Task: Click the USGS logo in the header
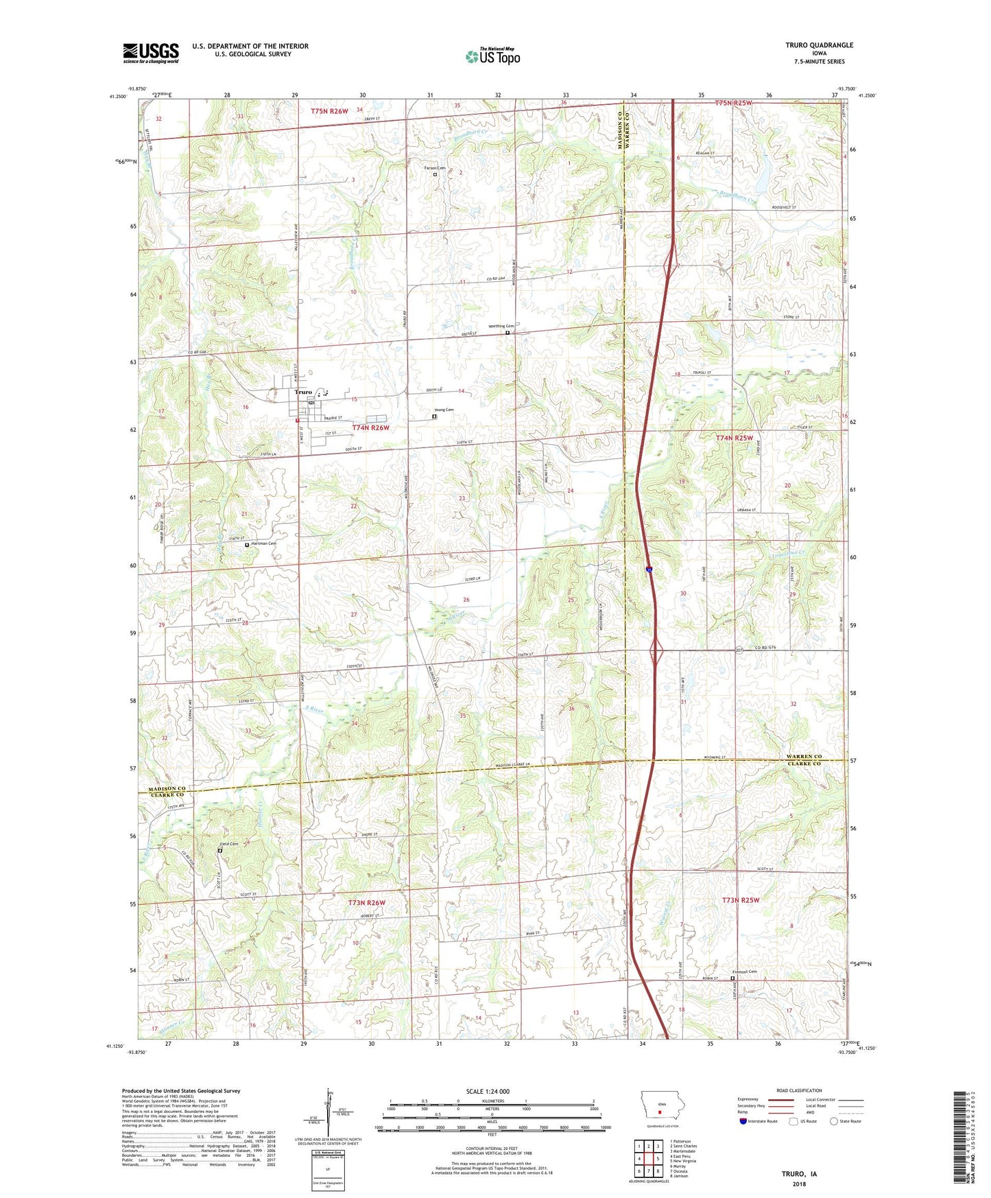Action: coord(150,53)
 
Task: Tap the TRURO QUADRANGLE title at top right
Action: coord(819,45)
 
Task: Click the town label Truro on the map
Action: coord(303,392)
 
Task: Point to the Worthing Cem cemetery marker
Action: coord(508,333)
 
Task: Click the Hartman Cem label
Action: coord(263,543)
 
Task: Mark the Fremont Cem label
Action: coord(744,972)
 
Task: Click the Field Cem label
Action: coord(228,844)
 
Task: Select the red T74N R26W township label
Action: coord(370,427)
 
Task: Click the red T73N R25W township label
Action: coord(741,900)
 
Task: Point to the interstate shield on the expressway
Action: coord(649,569)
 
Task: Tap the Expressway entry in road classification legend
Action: coord(752,1099)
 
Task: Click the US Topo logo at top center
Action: coord(492,56)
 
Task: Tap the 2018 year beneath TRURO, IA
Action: coord(799,1184)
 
